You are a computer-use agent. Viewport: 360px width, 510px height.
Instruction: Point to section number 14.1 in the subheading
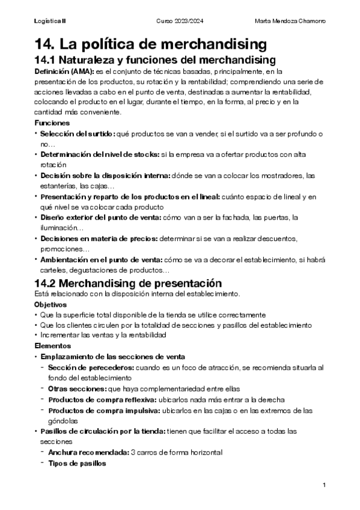click(46, 60)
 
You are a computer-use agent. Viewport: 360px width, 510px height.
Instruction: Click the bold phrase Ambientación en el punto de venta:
click(99, 260)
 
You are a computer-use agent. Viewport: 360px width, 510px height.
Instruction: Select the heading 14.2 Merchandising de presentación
click(129, 283)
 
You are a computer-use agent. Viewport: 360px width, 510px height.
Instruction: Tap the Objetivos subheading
click(50, 304)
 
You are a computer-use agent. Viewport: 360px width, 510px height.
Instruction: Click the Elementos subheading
click(52, 346)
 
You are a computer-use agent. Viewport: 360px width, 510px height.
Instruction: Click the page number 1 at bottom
click(324, 485)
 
